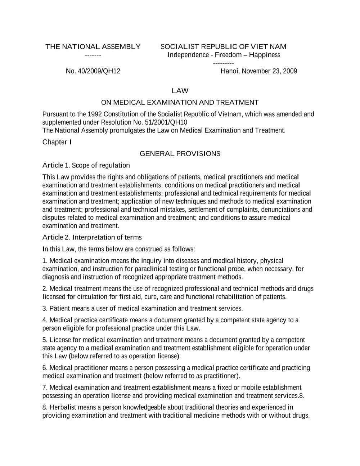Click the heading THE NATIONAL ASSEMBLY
click(93, 47)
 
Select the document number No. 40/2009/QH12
click(93, 71)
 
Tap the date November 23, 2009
click(269, 71)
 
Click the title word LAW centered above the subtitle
click(180, 91)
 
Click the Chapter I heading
click(57, 142)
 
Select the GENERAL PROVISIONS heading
click(180, 154)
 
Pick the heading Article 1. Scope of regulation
click(86, 165)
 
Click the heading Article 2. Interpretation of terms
click(92, 237)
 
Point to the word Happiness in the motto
click(265, 55)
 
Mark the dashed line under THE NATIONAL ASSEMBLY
click(93, 55)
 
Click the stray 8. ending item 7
click(302, 396)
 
